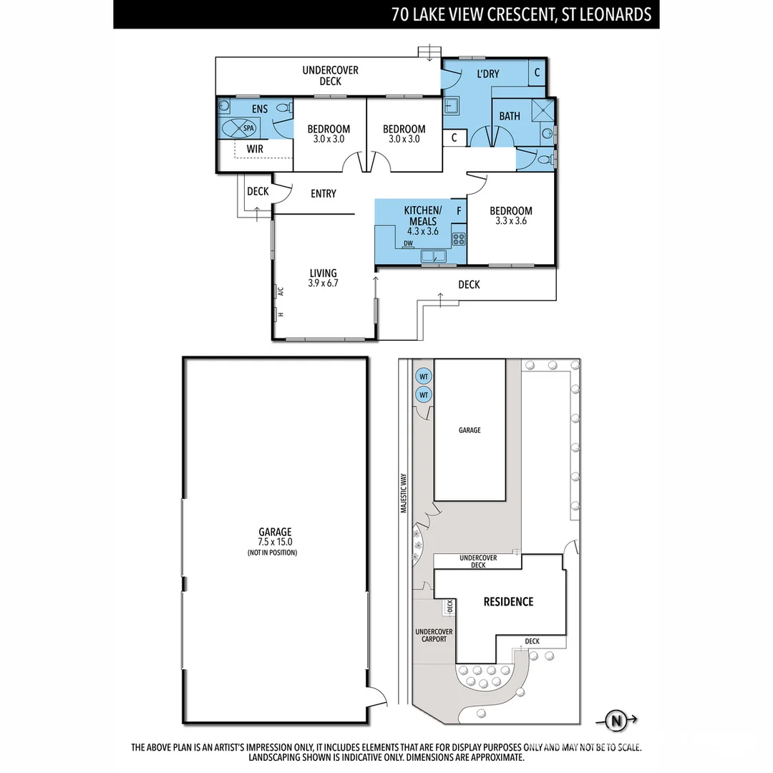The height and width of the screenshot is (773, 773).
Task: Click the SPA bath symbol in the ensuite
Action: click(241, 129)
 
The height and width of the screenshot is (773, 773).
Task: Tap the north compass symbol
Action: click(615, 721)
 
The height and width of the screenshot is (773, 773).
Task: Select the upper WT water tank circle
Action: click(423, 376)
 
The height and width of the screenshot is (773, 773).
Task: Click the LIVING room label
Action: click(323, 273)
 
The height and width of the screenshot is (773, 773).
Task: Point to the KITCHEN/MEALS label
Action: click(422, 215)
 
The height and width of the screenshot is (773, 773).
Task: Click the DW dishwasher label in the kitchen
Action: click(408, 244)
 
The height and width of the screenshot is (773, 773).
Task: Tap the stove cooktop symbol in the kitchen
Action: click(458, 239)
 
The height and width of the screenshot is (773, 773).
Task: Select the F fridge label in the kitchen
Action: click(458, 211)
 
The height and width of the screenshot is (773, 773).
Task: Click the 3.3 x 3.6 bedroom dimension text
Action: click(510, 221)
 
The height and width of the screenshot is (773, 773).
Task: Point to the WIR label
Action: click(255, 149)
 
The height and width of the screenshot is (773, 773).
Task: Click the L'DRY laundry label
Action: click(488, 74)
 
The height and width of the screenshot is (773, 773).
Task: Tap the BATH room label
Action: click(510, 116)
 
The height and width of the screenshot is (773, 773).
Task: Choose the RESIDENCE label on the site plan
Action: click(507, 601)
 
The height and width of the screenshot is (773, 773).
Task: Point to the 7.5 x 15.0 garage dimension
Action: click(275, 542)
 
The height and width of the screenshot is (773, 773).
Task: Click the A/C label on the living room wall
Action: click(281, 291)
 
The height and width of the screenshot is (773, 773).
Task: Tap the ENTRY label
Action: click(323, 193)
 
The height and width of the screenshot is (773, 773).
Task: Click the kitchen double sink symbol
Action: click(433, 256)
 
